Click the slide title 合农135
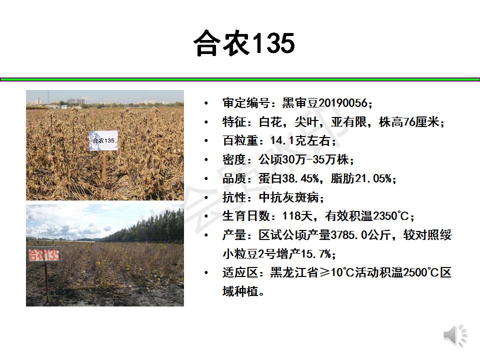coord(244,43)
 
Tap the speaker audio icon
coord(455,336)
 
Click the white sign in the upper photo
coord(103,140)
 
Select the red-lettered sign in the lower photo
coord(44,254)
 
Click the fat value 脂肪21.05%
coord(361,178)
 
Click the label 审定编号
coord(246,103)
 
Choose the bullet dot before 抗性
coord(206,197)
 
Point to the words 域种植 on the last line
coord(240,291)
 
